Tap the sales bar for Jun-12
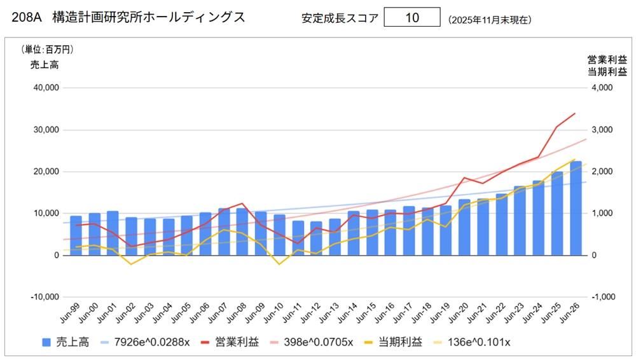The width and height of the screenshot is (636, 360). point(316,238)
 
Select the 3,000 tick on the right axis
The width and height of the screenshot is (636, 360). point(602,130)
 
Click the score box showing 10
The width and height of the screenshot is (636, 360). point(411,18)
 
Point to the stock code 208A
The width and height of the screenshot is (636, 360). point(26,18)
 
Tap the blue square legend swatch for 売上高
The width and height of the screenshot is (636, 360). point(46,342)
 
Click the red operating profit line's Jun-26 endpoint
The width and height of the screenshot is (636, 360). point(575,114)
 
